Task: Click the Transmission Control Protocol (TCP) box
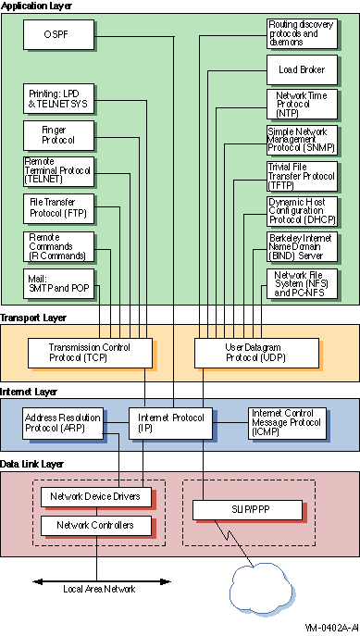[x=78, y=352]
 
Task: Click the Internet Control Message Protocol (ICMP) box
[x=286, y=422]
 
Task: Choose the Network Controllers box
[x=94, y=526]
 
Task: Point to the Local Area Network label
[x=98, y=589]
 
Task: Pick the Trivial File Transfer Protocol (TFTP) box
[x=301, y=173]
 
